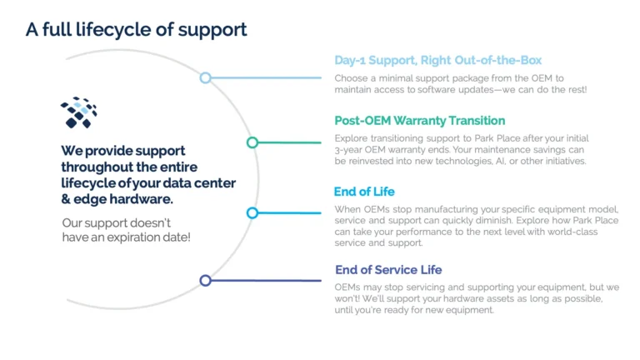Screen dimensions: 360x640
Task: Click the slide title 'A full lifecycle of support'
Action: tap(136, 30)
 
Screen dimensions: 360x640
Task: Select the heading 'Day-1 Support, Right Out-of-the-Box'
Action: tap(437, 60)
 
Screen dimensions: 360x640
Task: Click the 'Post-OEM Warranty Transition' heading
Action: tap(419, 121)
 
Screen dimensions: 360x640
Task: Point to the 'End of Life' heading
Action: tap(364, 192)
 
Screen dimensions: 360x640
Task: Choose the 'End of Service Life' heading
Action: tap(388, 269)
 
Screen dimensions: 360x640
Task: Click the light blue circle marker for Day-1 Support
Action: tap(205, 77)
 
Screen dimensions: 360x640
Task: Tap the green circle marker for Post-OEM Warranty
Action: tap(252, 142)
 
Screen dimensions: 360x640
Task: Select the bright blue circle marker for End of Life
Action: tap(252, 213)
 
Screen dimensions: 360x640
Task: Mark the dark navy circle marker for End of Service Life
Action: tap(205, 280)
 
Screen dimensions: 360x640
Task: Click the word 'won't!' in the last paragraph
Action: tap(350, 298)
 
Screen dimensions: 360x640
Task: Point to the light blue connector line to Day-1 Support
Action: tap(267, 77)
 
